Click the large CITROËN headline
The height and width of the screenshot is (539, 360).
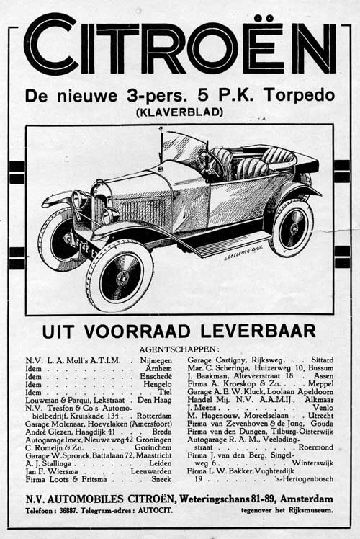tap(180, 48)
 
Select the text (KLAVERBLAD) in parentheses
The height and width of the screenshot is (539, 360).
tap(181, 112)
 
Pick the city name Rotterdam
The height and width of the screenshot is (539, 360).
tap(153, 416)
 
